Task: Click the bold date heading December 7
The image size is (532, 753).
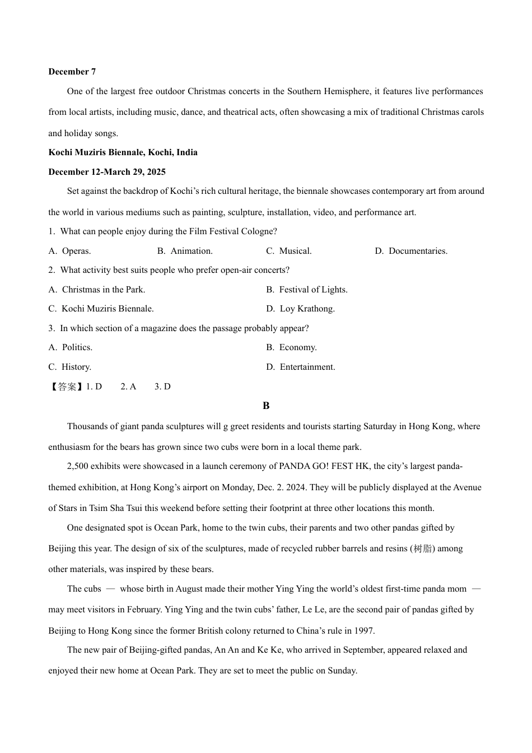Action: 72,72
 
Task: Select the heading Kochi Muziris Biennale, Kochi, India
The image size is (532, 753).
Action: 123,152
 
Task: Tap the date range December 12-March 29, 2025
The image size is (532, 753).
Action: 107,172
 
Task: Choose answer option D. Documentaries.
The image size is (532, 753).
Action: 411,251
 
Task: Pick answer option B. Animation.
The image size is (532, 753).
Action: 185,251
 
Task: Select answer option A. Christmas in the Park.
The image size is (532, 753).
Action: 97,290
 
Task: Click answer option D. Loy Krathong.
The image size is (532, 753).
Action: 300,309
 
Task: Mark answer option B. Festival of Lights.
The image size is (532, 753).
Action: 307,290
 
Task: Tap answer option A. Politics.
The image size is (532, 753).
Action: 71,347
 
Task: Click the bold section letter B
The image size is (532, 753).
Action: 266,406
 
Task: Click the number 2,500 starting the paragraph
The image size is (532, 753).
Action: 77,466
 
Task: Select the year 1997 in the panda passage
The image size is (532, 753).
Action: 363,631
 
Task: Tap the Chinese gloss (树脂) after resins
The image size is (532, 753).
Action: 422,549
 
